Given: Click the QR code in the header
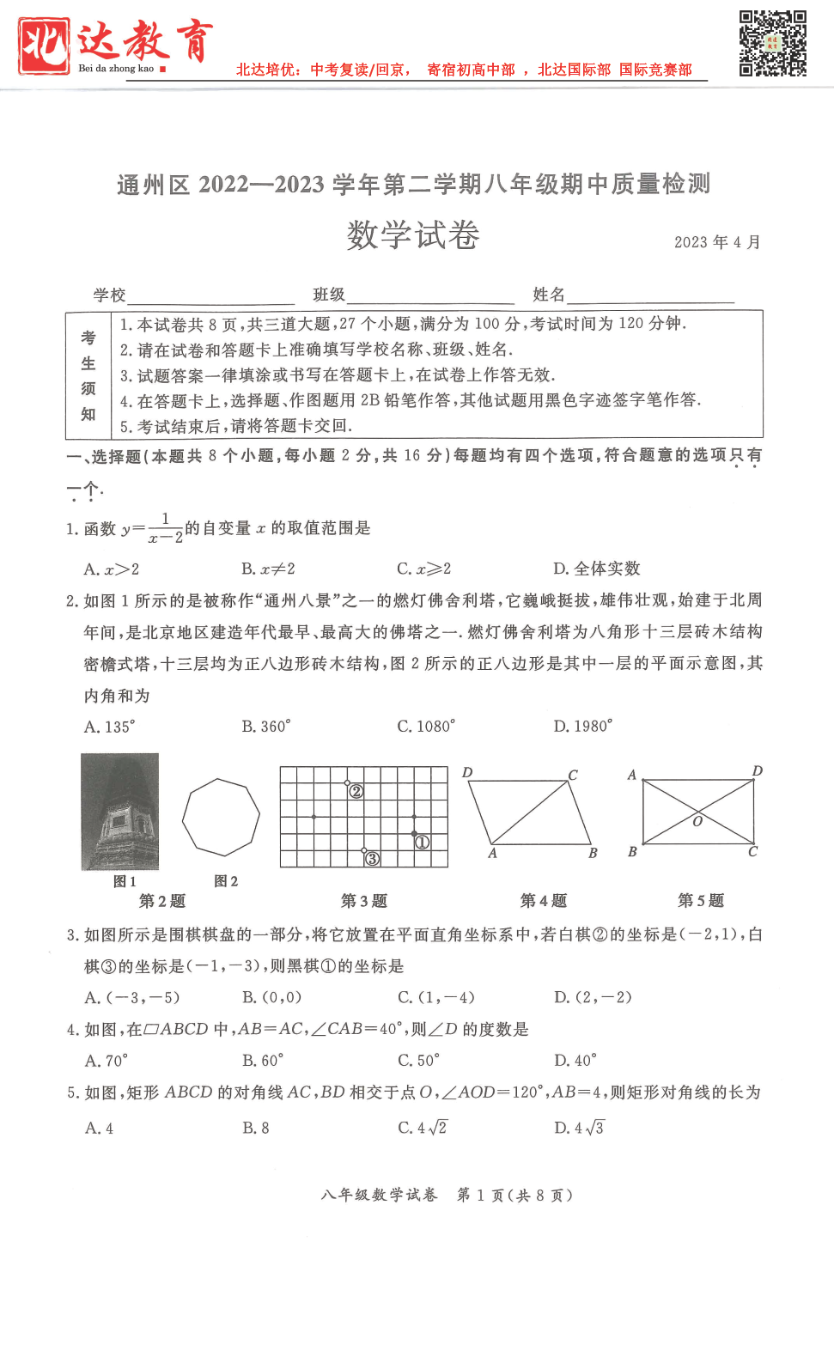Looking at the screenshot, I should pyautogui.click(x=772, y=44).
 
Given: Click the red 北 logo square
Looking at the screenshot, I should pyautogui.click(x=44, y=46).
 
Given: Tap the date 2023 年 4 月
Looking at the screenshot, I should pyautogui.click(x=717, y=242).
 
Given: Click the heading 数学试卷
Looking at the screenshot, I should pyautogui.click(x=413, y=235).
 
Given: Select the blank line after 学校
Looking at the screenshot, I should pyautogui.click(x=210, y=295).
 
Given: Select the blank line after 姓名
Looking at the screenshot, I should pyautogui.click(x=650, y=295).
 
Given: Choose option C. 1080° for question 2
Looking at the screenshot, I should pyautogui.click(x=426, y=727).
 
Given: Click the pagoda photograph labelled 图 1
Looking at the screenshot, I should pyautogui.click(x=120, y=812).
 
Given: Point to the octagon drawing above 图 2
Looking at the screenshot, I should pyautogui.click(x=221, y=818).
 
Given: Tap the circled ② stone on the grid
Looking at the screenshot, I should pyautogui.click(x=356, y=791).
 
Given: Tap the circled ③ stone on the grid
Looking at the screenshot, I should pyautogui.click(x=372, y=858).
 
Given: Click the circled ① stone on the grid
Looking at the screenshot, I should pyautogui.click(x=422, y=842).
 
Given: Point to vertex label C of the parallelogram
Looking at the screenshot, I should pyautogui.click(x=573, y=775).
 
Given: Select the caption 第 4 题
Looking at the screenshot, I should pyautogui.click(x=544, y=900).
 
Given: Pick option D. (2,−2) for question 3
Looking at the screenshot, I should pyautogui.click(x=593, y=997).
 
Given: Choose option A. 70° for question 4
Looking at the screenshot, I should pyautogui.click(x=107, y=1061).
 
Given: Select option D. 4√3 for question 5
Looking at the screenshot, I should pyautogui.click(x=579, y=1128).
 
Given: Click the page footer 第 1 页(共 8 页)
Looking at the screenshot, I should pyautogui.click(x=514, y=1195).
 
